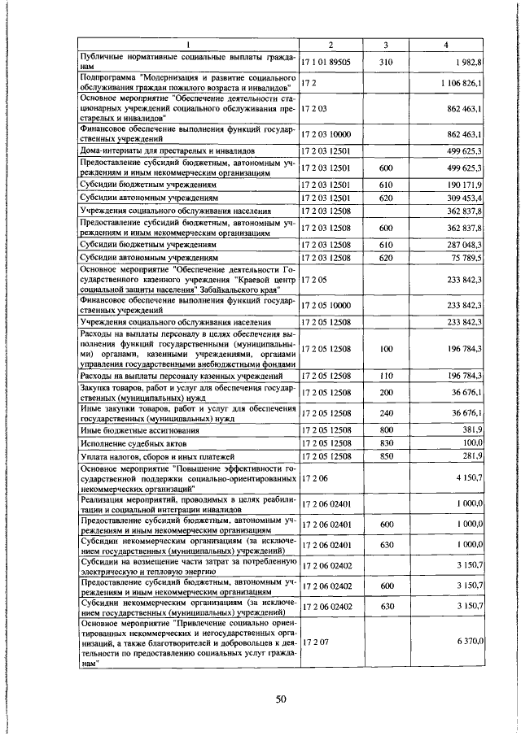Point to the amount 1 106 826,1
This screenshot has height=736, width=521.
point(462,84)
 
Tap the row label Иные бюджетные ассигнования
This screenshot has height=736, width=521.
point(138,429)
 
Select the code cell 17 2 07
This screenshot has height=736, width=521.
point(313,642)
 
